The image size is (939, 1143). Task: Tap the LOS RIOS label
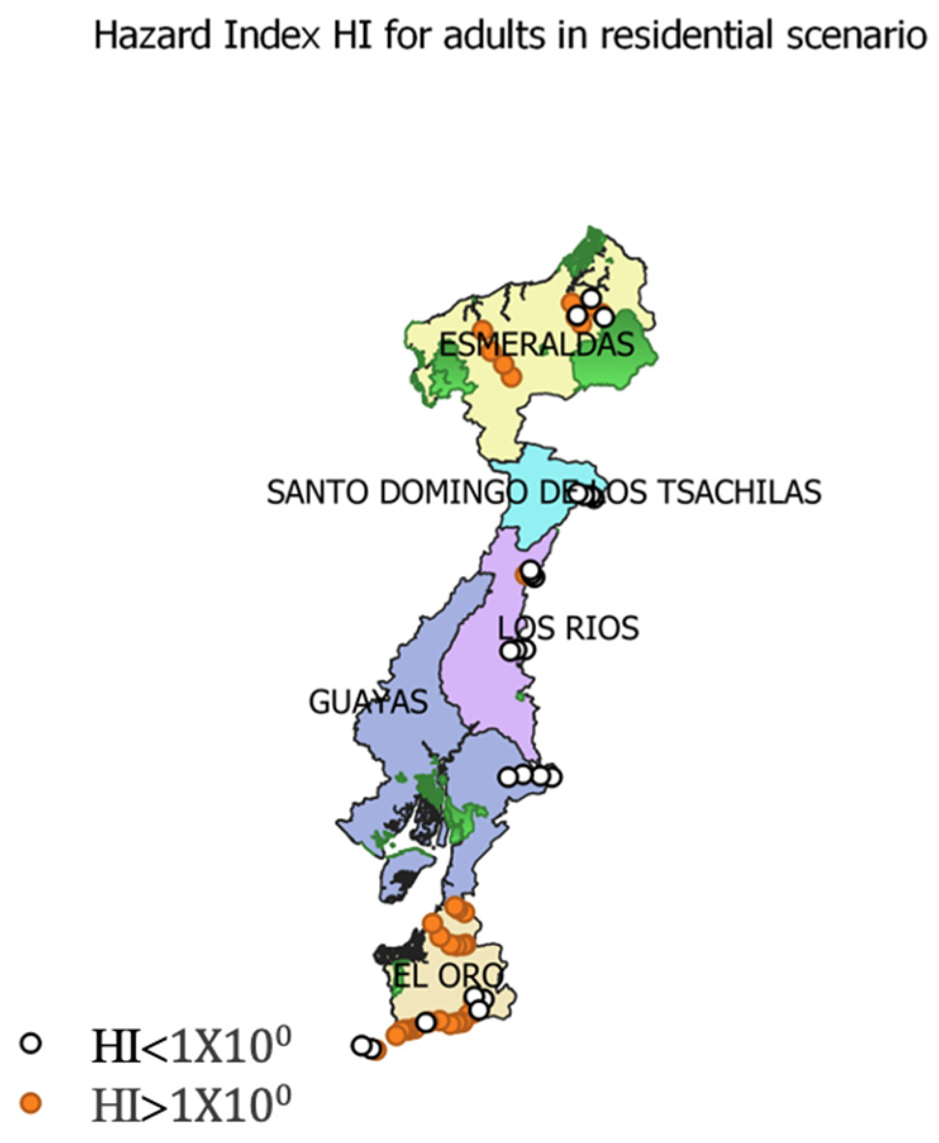point(568,628)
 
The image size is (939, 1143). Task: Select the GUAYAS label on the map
point(368,702)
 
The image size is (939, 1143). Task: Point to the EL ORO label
point(448,976)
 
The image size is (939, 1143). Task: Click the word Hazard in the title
point(152,35)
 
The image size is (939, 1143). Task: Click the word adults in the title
point(494,35)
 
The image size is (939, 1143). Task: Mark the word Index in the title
point(271,35)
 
